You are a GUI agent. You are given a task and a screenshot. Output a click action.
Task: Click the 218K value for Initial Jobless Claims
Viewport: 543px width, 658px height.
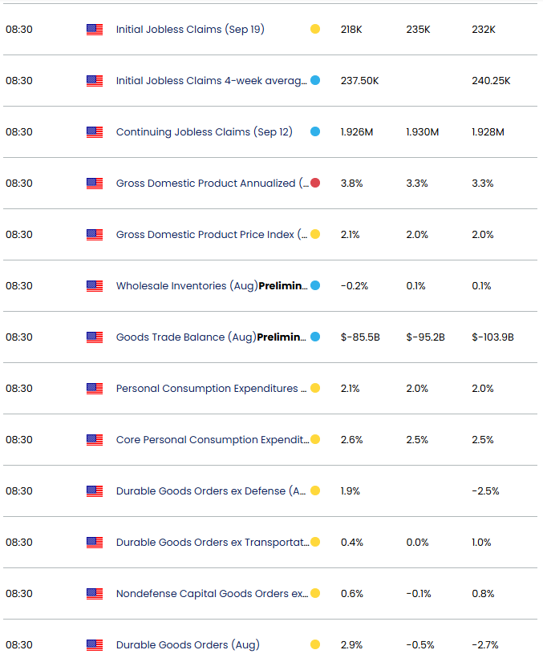tap(351, 30)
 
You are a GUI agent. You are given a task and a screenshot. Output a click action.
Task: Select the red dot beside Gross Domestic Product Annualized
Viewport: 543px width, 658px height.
tap(315, 184)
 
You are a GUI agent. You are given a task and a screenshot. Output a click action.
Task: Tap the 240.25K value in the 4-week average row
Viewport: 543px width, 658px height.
tap(491, 81)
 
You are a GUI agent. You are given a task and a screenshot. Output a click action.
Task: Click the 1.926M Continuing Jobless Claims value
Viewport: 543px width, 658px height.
tap(357, 132)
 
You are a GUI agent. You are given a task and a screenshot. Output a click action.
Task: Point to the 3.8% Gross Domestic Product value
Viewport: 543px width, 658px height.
tap(351, 184)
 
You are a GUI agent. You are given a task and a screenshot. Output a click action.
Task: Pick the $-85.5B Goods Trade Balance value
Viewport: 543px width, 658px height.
tap(359, 337)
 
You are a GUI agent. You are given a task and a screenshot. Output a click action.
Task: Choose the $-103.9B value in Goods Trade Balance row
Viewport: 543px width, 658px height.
tap(492, 337)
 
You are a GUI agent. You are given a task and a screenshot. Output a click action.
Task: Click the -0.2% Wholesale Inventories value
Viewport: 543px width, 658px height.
tap(354, 286)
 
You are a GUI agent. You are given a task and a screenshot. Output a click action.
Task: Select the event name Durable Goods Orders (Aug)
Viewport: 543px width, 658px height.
tap(188, 645)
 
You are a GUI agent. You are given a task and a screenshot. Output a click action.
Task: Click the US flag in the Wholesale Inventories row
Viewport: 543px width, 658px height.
tap(95, 286)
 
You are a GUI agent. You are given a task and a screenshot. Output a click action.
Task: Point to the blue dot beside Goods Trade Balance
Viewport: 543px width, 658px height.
tap(315, 337)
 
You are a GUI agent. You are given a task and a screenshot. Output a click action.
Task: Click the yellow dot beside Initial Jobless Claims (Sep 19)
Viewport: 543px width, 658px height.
tap(315, 30)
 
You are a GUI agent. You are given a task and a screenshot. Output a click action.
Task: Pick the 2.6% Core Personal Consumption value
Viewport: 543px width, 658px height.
tap(351, 440)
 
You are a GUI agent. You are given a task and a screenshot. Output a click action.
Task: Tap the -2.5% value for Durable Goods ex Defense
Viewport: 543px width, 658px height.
tap(485, 491)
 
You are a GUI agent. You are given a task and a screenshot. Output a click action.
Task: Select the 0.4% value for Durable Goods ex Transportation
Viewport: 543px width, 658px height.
tap(351, 543)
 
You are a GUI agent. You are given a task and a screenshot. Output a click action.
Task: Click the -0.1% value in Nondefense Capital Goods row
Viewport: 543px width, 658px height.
tap(419, 594)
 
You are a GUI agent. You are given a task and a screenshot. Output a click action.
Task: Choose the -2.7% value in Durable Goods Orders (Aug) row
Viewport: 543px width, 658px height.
tap(485, 645)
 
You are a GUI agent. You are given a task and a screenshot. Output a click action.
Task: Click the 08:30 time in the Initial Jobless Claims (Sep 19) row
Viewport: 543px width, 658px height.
tap(19, 30)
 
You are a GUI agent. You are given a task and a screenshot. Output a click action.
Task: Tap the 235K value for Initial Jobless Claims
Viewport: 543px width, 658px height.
tap(418, 30)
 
